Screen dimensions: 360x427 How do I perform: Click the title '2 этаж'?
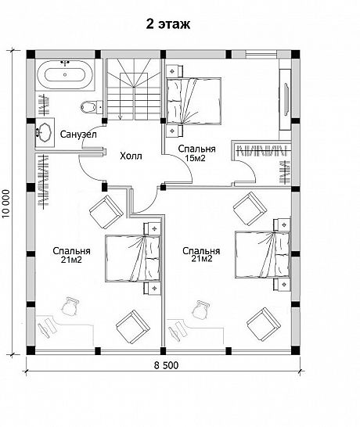pos(168,24)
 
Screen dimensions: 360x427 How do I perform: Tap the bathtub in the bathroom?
pos(65,74)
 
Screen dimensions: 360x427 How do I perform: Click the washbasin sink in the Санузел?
pos(43,133)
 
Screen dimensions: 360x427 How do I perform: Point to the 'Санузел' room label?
pos(78,135)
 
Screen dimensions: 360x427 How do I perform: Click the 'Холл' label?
pos(131,156)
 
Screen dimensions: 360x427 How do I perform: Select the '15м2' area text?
pos(195,158)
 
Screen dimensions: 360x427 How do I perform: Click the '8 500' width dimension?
pos(166,365)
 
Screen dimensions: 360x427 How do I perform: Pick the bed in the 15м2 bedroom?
pos(193,101)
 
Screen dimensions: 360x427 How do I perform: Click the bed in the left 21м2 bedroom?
pos(132,258)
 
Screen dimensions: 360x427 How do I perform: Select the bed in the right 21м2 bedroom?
pos(262,255)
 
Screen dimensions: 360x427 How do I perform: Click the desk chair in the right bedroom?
pos(200,309)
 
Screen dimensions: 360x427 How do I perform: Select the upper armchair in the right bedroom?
pos(250,209)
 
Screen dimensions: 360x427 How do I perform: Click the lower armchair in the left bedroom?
pos(133,327)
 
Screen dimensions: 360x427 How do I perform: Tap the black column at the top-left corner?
pos(31,54)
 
